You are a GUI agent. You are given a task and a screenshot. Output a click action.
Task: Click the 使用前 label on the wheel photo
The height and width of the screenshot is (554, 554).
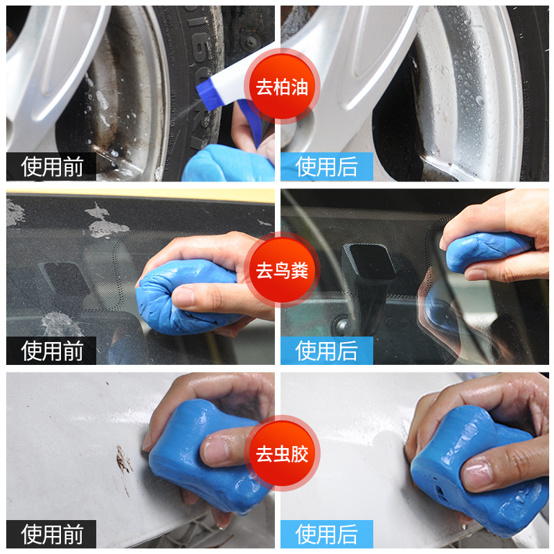coord(52,167)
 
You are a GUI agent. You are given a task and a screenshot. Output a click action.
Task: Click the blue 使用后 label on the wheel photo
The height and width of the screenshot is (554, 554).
coord(326,167)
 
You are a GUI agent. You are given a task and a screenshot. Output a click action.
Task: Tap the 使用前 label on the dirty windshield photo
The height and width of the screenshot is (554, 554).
coord(52,350)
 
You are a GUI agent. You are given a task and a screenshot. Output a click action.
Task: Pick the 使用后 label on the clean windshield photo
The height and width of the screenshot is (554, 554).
coord(326,350)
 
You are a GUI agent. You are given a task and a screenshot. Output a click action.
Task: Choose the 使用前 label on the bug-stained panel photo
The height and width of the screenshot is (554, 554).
coord(52,534)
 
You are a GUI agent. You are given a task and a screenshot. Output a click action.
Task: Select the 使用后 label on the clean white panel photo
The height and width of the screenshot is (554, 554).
coord(326,534)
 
